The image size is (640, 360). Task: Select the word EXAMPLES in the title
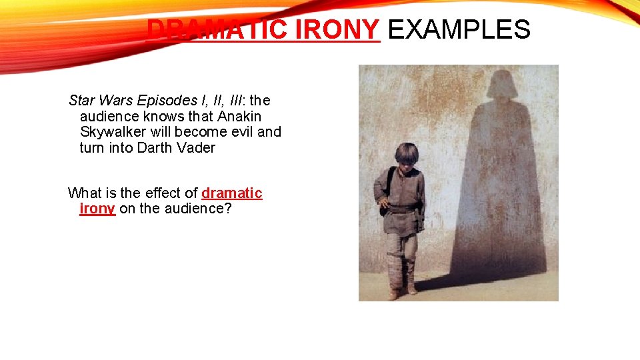[459, 29]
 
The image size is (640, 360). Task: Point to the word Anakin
[239, 117]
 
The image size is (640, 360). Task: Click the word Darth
[156, 148]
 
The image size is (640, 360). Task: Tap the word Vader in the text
[196, 148]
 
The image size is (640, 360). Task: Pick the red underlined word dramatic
[231, 193]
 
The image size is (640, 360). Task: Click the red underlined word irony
[97, 209]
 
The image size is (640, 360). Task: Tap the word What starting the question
[84, 193]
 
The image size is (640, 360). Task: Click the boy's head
[406, 155]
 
